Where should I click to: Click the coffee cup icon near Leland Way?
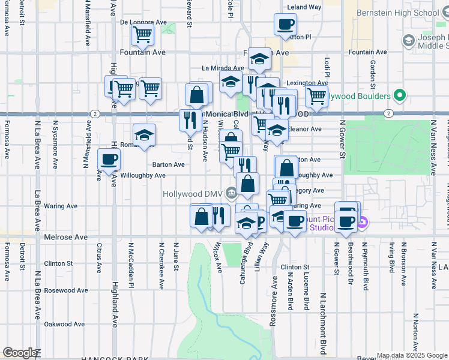[285, 25]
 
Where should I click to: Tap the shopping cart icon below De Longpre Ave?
[142, 35]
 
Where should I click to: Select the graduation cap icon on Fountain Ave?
[259, 59]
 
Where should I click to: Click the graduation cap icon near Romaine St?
[144, 135]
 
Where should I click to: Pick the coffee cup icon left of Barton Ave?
[109, 160]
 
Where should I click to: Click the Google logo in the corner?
[19, 353]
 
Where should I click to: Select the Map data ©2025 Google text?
[412, 355]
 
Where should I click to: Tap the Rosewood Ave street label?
[67, 290]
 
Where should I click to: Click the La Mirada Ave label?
[220, 68]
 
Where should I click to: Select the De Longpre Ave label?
[143, 22]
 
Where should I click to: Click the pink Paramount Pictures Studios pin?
[362, 224]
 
